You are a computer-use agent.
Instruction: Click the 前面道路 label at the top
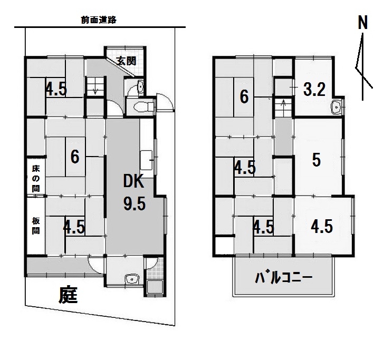[x=99, y=20]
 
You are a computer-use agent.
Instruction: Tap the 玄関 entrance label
[x=126, y=61]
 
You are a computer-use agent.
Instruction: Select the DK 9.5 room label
[x=134, y=192]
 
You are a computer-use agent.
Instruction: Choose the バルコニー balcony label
[x=283, y=277]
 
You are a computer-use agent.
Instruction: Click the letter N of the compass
[x=362, y=23]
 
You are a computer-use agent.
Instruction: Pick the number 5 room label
[x=316, y=160]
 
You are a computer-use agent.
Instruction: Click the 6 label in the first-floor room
[x=75, y=157]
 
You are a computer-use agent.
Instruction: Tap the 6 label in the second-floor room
[x=244, y=96]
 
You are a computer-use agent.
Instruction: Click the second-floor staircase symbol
[x=283, y=109]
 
